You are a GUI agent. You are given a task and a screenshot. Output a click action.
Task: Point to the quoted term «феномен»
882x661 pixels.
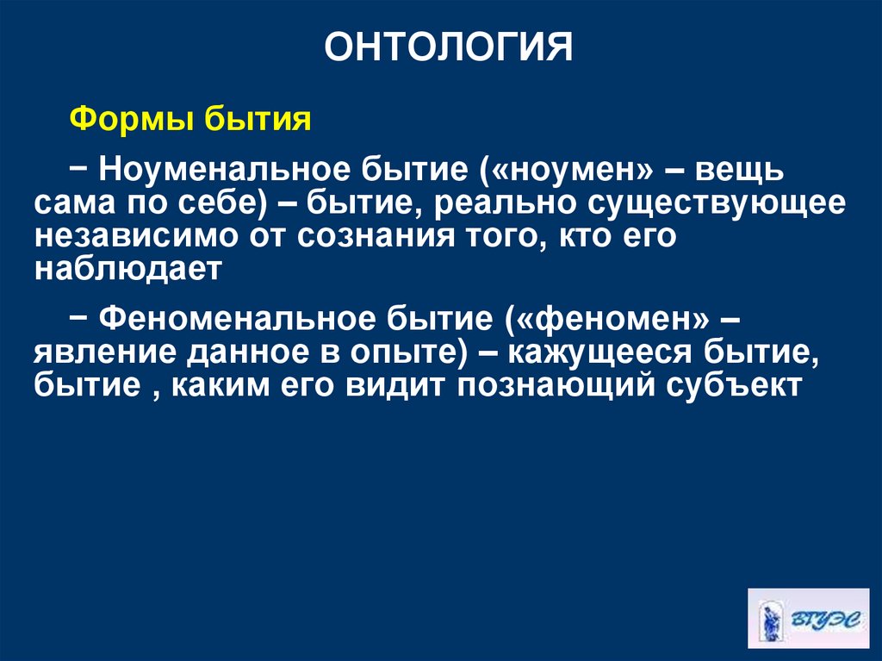tap(613, 317)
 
